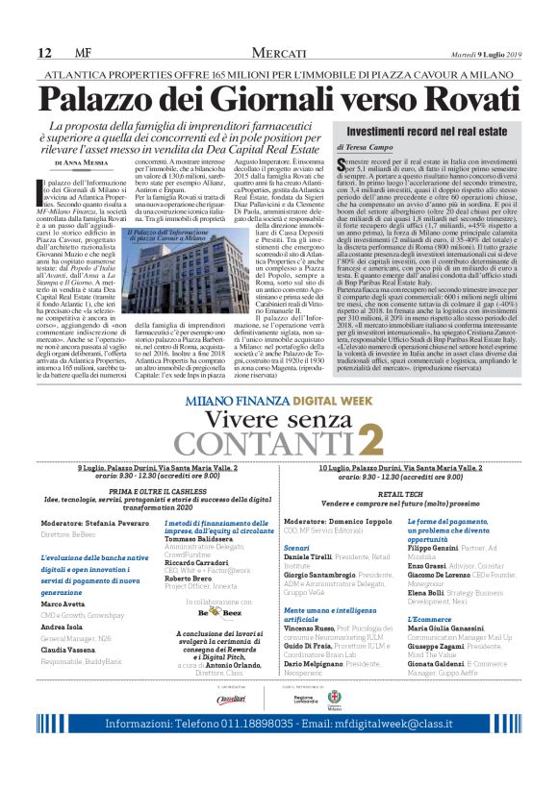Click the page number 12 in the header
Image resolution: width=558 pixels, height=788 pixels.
(44, 52)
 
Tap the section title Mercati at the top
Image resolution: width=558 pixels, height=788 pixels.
(279, 52)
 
